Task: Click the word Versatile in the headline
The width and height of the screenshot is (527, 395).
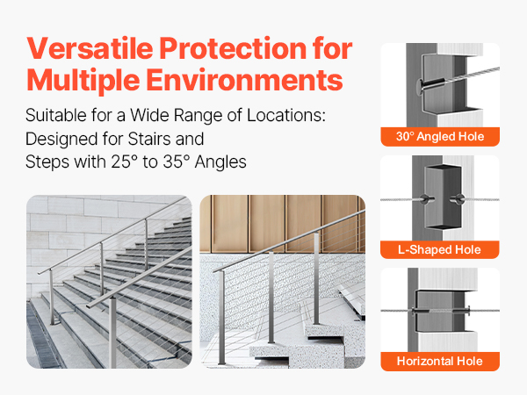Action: pos(90,48)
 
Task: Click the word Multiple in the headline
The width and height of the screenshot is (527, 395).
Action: pos(83,81)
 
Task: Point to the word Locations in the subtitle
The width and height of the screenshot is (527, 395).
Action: pos(286,115)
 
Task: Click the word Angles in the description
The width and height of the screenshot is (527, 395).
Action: pos(220,162)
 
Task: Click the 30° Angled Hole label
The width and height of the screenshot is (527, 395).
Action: pos(440,137)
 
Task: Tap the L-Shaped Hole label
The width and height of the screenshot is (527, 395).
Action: pos(440,249)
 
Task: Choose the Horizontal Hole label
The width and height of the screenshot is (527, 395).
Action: pos(440,361)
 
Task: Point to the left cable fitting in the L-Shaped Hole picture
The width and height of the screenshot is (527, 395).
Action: pos(425,199)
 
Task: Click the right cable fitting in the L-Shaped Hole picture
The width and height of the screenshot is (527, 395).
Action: pos(457,199)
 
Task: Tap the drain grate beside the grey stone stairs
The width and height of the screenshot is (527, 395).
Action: pos(43,336)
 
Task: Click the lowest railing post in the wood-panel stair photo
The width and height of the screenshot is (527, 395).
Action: pos(221,318)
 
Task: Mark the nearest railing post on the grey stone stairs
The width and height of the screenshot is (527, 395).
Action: pos(113,332)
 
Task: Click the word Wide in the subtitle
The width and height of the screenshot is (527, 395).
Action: pos(150,115)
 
